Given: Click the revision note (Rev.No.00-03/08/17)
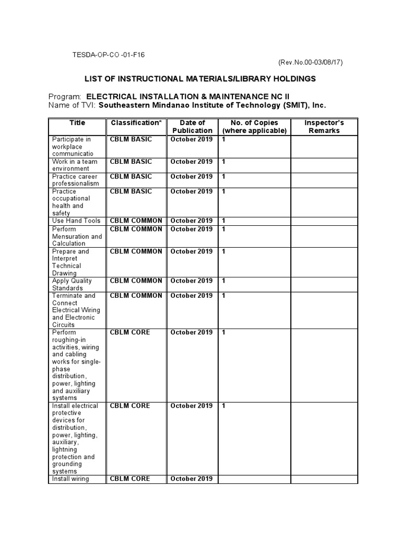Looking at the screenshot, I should (310, 62).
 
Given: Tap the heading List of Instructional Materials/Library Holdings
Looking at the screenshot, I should (200, 79).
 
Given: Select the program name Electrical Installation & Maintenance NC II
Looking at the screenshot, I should (187, 96).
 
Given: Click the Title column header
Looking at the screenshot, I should (77, 123).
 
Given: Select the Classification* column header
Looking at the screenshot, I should (136, 123).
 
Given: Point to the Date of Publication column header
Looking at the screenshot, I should (192, 127).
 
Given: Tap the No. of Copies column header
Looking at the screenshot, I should (254, 127).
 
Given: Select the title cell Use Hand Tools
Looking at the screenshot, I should (76, 221).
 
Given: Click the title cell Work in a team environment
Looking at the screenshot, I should (74, 165).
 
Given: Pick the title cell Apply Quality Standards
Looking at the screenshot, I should (72, 284).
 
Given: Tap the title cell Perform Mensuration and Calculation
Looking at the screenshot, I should (77, 236).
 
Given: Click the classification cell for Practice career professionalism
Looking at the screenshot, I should (131, 177).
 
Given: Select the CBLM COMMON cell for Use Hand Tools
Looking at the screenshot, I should (136, 221).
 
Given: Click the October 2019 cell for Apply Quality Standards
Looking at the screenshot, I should (192, 281).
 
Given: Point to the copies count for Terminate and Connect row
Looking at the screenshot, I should (224, 296).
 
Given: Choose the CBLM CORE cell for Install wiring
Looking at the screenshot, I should (130, 479).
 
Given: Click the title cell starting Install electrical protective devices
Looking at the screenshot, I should (73, 439).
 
